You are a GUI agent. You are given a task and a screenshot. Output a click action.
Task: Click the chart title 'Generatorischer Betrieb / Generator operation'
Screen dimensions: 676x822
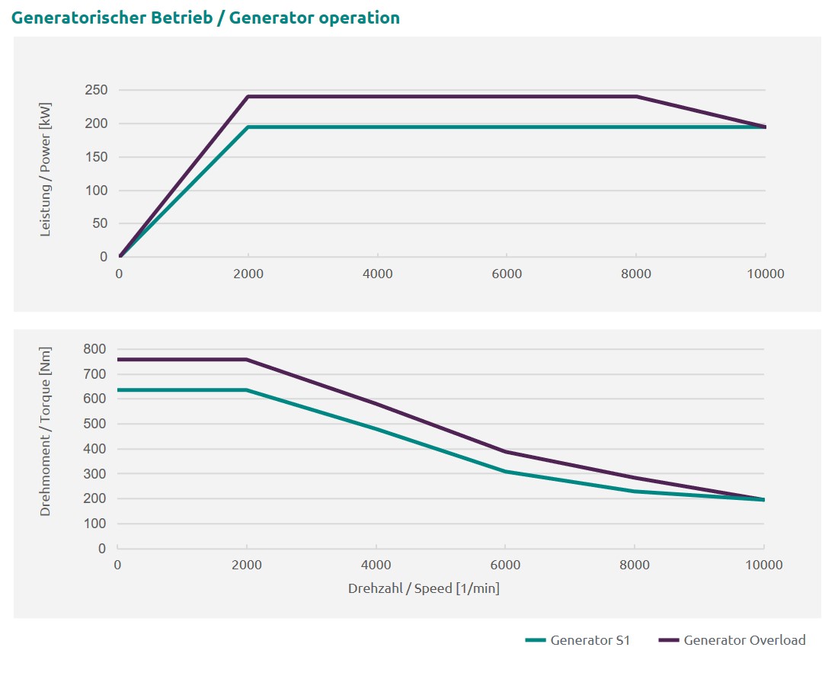tap(206, 18)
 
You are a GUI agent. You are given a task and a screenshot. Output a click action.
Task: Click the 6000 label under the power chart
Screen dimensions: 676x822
tap(507, 274)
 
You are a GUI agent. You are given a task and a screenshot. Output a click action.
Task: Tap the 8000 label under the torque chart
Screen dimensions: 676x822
tap(635, 565)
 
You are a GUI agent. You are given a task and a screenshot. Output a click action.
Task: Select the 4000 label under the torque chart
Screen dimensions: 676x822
tap(376, 565)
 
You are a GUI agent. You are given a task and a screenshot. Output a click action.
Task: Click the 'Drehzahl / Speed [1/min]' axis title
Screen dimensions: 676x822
tap(424, 588)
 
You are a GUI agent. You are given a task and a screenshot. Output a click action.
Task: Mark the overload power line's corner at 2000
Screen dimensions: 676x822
tap(248, 97)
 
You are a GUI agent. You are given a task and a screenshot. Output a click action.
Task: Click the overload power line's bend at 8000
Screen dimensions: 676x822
tap(636, 97)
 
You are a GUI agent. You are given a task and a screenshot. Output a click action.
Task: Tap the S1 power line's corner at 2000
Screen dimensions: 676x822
tap(248, 127)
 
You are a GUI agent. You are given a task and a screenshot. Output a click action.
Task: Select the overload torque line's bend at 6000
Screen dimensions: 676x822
tap(506, 451)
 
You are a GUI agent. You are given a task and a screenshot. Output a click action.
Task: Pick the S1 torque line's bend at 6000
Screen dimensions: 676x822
tap(506, 471)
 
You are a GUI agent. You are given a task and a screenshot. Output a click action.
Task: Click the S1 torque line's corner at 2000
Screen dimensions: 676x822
tap(247, 390)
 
